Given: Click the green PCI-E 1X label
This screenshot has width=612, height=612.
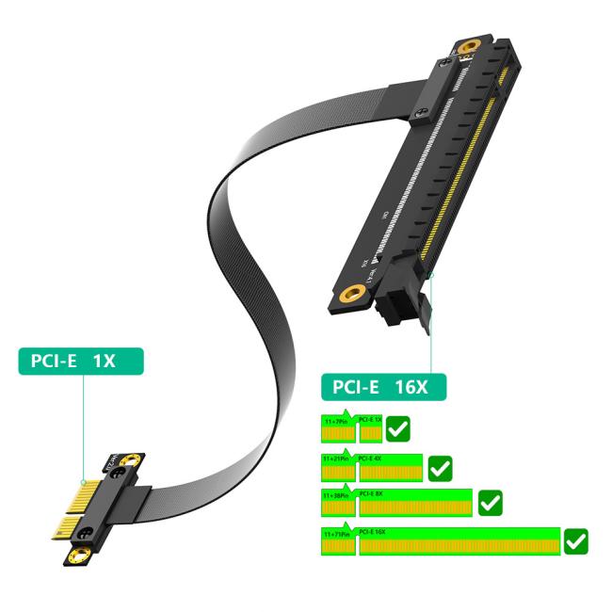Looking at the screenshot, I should [x=81, y=360].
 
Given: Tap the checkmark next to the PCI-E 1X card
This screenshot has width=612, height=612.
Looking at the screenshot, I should [x=397, y=430].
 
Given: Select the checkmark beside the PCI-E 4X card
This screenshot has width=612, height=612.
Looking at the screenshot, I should [x=440, y=467].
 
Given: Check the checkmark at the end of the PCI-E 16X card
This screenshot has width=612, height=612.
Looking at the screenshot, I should [x=575, y=541].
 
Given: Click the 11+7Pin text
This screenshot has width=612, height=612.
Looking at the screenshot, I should [x=335, y=422].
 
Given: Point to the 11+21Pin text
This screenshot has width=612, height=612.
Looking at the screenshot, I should [x=336, y=458].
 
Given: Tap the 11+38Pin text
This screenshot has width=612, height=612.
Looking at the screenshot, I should [x=336, y=494].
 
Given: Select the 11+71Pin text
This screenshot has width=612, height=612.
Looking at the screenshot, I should [x=336, y=534].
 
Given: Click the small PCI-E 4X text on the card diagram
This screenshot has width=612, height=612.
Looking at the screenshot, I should [x=370, y=457].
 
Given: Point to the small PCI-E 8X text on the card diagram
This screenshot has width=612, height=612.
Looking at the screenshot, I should [x=370, y=493].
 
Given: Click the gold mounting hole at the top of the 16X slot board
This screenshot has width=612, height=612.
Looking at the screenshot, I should [x=467, y=48].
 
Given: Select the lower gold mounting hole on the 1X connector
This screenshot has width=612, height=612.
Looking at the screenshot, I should [x=72, y=556].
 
